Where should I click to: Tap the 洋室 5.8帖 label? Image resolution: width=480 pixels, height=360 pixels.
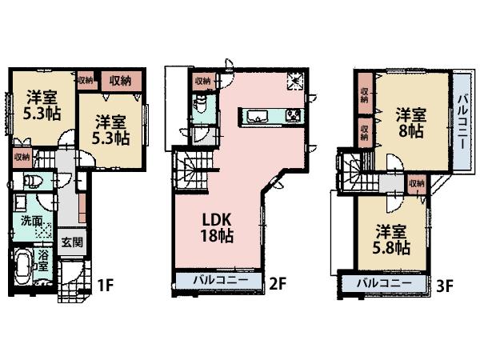(x=393, y=240)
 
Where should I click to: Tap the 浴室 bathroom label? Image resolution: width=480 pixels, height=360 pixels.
(x=45, y=261)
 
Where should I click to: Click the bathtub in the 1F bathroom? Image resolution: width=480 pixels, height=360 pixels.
(x=23, y=268)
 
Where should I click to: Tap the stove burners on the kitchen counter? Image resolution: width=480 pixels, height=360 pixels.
(x=293, y=117)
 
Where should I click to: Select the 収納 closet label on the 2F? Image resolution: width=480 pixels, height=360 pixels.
(x=202, y=81)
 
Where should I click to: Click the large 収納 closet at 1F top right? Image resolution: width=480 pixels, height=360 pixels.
(x=121, y=80)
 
